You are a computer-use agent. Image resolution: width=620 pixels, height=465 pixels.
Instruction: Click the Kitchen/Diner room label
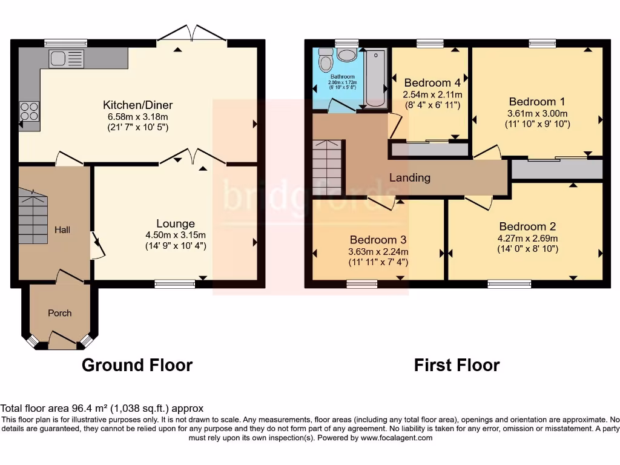[136, 104]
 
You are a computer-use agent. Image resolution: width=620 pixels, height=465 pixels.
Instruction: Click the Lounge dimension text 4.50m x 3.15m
[176, 236]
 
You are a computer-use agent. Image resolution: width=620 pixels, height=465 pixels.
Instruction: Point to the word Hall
[62, 230]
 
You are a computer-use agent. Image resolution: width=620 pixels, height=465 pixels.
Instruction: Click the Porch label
[59, 313]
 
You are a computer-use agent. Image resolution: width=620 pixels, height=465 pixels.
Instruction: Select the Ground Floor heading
[137, 366]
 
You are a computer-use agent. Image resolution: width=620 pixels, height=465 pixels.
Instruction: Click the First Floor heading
[457, 366]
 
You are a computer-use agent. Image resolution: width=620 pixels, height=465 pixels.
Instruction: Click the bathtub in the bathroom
[375, 79]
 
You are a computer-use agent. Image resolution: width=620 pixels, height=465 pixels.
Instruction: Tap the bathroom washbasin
[347, 56]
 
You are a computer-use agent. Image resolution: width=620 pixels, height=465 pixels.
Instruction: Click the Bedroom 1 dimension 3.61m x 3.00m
[537, 113]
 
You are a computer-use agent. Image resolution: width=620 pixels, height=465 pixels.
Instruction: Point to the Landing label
[410, 178]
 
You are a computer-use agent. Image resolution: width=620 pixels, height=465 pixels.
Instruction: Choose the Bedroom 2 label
[523, 227]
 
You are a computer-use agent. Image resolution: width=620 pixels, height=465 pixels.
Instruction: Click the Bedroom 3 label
[378, 240]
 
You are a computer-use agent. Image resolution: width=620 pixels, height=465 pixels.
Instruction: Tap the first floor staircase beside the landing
[328, 167]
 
